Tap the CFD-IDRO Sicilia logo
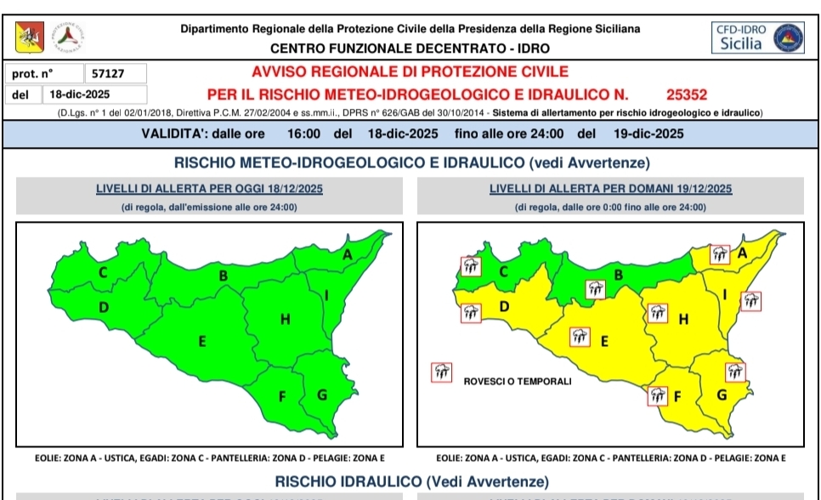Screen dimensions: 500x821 point(758,37)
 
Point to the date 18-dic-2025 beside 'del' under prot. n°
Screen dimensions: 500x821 point(80,95)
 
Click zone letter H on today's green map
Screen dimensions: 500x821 point(286,319)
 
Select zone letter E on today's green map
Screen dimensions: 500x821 point(202,342)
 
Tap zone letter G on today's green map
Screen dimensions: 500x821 point(321,395)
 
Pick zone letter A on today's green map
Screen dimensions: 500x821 point(347,253)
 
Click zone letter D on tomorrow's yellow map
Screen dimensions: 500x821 point(504,306)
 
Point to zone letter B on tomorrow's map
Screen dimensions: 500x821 point(619,274)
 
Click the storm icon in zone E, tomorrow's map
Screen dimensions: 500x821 point(580,335)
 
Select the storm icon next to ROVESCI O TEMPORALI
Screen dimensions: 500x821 point(442,372)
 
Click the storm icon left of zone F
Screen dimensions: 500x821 point(657,394)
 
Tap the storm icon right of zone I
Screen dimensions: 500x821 point(750,300)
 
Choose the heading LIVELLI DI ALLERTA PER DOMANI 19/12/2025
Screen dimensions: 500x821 point(610,189)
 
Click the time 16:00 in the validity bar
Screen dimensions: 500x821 point(303,134)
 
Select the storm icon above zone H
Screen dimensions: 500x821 point(658,312)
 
